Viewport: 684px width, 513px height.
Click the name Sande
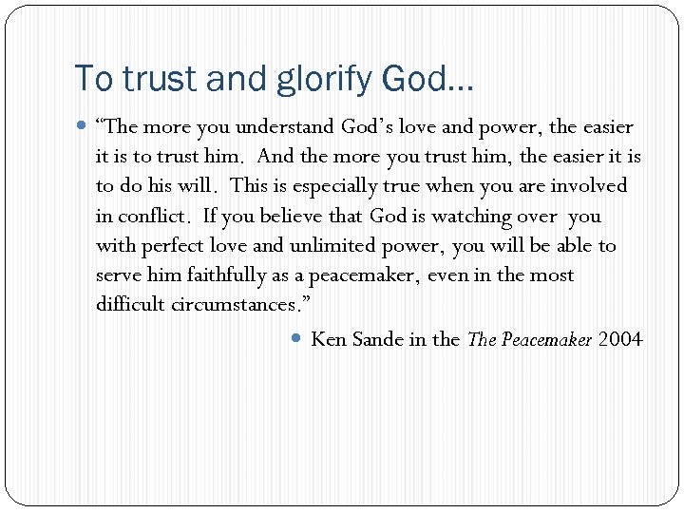(x=377, y=338)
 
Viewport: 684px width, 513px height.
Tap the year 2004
(x=620, y=338)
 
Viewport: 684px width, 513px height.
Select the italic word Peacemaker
(x=545, y=338)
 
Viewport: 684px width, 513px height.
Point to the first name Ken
(x=329, y=338)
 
